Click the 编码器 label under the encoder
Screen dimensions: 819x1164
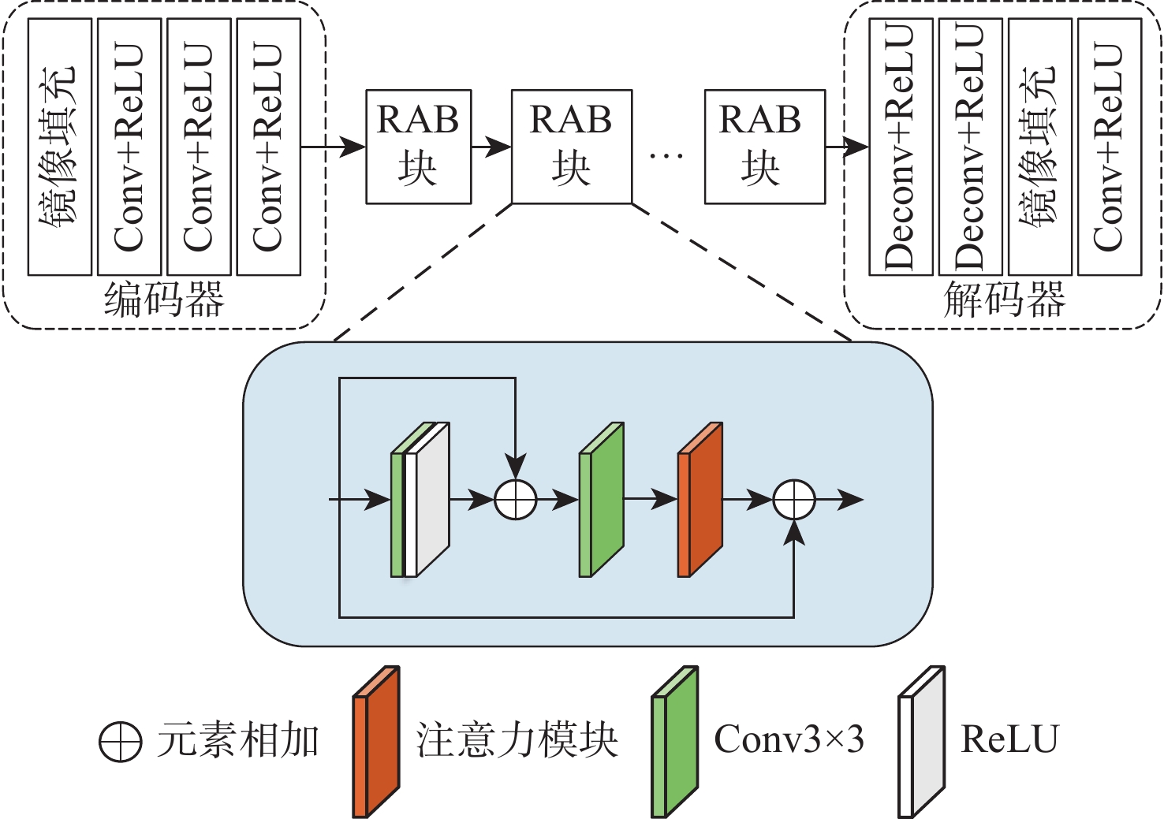(x=164, y=300)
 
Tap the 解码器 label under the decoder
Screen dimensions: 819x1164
(x=1004, y=300)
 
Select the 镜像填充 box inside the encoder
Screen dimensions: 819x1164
(x=60, y=147)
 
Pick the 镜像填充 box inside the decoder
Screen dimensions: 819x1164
(x=1039, y=147)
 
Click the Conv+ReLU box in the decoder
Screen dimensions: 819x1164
(x=1109, y=147)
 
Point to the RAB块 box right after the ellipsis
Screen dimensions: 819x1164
(x=764, y=147)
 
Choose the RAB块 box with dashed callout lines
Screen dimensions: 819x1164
(x=572, y=147)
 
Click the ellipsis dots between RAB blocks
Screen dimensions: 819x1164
(x=666, y=155)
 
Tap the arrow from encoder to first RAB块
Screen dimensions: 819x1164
(x=334, y=147)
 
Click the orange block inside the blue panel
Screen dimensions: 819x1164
(x=700, y=501)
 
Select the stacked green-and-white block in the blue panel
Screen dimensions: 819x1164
(x=420, y=501)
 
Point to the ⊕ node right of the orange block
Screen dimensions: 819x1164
(x=793, y=500)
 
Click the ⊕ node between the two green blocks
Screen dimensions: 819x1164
(x=516, y=500)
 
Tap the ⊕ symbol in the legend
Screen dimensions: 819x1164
(x=121, y=741)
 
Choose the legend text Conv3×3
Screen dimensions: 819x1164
(x=789, y=739)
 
